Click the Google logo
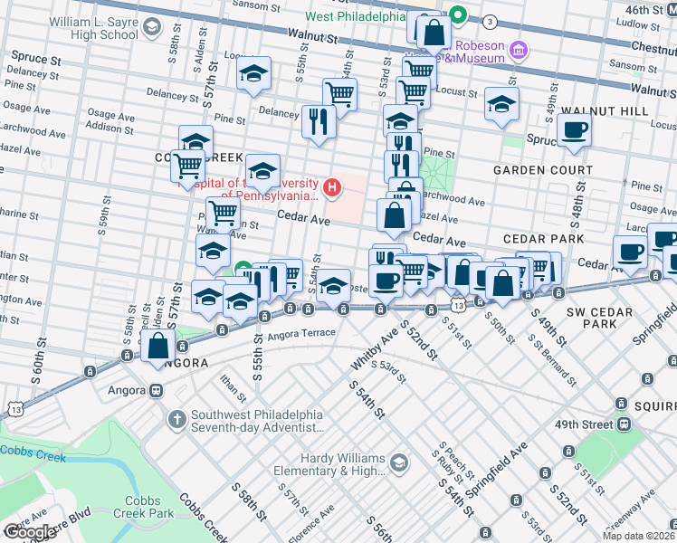[x=29, y=532]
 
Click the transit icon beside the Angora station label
[x=156, y=391]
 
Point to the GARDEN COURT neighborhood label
[x=542, y=170]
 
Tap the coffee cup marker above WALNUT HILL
[x=574, y=129]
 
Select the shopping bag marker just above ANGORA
[x=157, y=346]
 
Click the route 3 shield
[x=489, y=21]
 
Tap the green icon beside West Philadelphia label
[x=459, y=14]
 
